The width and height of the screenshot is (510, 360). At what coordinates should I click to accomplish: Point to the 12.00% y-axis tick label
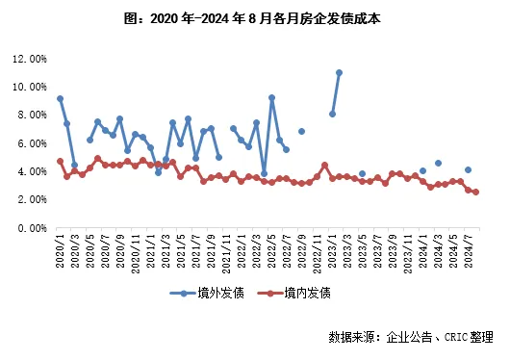[31, 59]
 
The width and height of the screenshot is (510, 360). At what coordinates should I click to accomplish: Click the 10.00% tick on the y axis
[31, 87]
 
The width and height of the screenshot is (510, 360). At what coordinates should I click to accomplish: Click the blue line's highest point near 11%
[340, 72]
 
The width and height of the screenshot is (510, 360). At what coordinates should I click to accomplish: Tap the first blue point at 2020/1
[60, 98]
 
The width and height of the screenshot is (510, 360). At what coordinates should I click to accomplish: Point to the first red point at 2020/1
[60, 162]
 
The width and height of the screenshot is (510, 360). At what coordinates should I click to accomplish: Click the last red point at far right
[475, 193]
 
